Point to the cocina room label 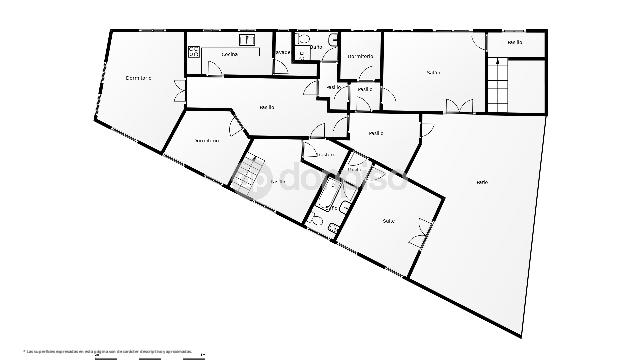229,54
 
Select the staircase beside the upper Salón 497,83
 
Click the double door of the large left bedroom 179,90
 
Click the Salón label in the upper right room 433,72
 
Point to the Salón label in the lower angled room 388,221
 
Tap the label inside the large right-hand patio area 482,181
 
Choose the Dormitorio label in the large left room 138,78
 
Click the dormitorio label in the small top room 361,56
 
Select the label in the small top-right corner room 515,43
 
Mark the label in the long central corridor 267,107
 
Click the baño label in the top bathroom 316,47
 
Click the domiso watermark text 340,181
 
